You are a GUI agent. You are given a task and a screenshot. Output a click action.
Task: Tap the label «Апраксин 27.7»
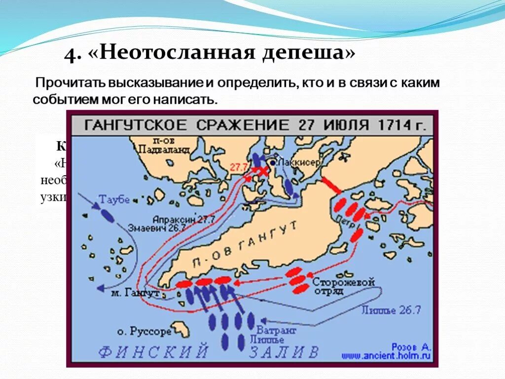point(176,219)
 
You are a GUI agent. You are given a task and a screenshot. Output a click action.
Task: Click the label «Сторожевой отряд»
point(343,287)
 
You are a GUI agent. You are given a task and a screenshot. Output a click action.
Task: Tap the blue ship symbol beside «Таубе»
point(107,215)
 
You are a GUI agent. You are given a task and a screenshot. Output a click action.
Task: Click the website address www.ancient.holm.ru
point(399,355)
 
